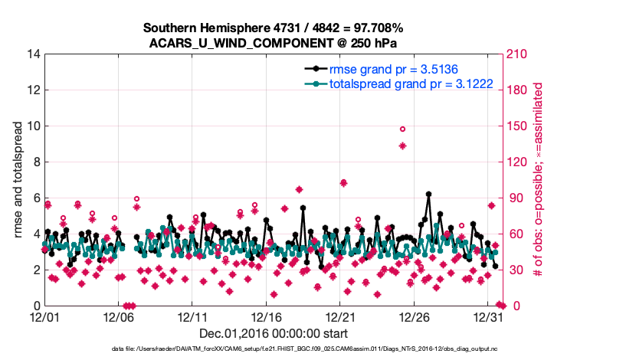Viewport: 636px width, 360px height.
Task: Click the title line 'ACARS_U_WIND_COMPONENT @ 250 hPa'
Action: [x=274, y=43]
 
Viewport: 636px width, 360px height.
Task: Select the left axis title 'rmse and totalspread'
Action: [x=18, y=181]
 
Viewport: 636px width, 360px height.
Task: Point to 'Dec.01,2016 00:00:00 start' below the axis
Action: [x=274, y=333]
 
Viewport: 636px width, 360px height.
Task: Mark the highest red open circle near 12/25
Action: [x=402, y=129]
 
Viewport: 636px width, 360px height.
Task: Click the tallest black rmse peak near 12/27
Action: [x=428, y=195]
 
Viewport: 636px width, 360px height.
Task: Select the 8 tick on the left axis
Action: [x=34, y=162]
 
